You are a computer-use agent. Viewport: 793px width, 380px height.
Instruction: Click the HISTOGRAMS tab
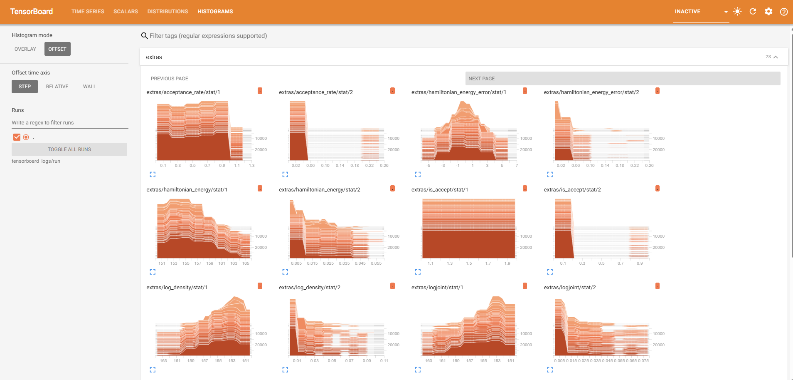(215, 12)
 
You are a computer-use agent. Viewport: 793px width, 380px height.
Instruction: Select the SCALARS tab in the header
(126, 12)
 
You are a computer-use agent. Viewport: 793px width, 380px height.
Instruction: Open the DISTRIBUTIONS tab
(167, 12)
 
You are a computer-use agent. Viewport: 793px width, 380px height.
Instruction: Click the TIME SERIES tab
(88, 12)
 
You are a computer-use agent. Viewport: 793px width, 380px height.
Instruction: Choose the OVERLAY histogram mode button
(25, 49)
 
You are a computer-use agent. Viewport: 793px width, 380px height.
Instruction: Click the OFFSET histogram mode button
(57, 49)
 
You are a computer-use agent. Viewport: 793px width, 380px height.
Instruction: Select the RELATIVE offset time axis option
(57, 87)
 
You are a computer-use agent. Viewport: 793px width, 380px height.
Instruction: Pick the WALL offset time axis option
(89, 87)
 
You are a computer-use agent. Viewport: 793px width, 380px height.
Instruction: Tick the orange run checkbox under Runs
(17, 137)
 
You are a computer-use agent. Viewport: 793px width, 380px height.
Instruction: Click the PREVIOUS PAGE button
(170, 79)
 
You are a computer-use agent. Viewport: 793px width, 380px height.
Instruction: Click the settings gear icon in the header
(768, 12)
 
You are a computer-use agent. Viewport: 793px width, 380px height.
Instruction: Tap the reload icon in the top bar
(753, 12)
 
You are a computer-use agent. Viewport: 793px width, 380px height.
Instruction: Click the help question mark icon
(784, 12)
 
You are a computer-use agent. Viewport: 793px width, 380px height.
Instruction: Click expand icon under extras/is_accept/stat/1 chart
(418, 272)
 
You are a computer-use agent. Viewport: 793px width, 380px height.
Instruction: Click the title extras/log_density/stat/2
(310, 288)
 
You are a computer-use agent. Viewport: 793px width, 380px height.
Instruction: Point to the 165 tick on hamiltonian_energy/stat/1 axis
(246, 263)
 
